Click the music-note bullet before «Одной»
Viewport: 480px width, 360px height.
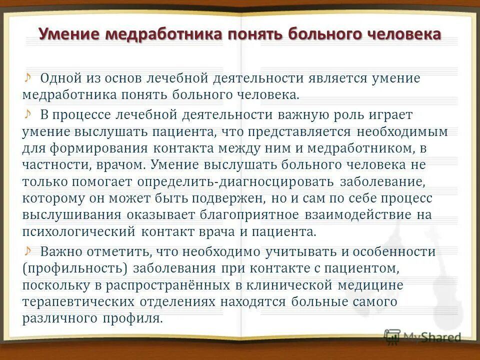pyautogui.click(x=28, y=77)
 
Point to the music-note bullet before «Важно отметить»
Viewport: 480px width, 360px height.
pyautogui.click(x=28, y=250)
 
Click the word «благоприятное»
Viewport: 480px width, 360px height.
pyautogui.click(x=243, y=215)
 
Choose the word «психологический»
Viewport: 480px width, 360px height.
pyautogui.click(x=79, y=232)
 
